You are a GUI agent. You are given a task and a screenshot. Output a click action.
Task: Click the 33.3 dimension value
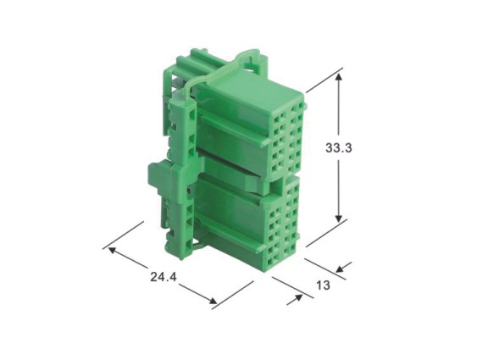click(x=339, y=147)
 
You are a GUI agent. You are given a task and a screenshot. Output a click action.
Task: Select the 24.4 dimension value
click(x=164, y=277)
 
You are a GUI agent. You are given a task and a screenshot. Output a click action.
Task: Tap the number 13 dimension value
click(x=323, y=285)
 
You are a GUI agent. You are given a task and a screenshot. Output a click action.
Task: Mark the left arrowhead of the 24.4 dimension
click(x=112, y=250)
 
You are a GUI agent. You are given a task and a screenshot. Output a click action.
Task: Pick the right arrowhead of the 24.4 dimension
click(x=213, y=300)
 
